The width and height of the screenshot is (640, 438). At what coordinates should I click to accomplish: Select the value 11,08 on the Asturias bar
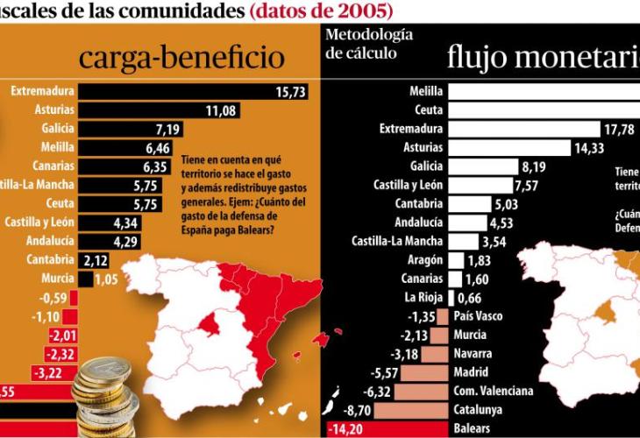[x=222, y=109]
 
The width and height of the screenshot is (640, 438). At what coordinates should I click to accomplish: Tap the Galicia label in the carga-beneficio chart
[x=56, y=129]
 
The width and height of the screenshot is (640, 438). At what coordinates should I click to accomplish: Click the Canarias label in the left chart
[x=52, y=166]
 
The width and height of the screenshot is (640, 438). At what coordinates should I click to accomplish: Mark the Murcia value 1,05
[x=106, y=279]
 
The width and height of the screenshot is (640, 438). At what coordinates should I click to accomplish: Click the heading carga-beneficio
[x=181, y=57]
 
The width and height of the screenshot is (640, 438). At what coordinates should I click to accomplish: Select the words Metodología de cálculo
[x=368, y=44]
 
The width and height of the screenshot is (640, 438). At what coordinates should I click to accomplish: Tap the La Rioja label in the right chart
[x=423, y=298]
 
